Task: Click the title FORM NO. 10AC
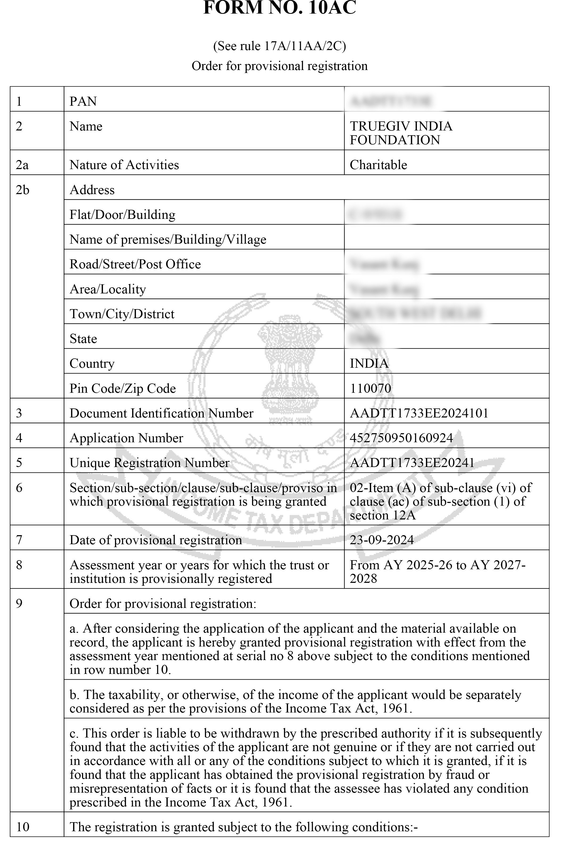(279, 8)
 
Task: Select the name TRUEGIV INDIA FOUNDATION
(401, 133)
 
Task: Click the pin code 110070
(370, 388)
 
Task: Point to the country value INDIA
(369, 363)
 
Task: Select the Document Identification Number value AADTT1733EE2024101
(419, 413)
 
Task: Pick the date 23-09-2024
(382, 540)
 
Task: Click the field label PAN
(83, 101)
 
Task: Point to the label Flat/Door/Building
(122, 215)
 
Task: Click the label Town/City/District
(122, 314)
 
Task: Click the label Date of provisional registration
(155, 540)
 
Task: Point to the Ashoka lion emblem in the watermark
(290, 368)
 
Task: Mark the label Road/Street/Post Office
(135, 264)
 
